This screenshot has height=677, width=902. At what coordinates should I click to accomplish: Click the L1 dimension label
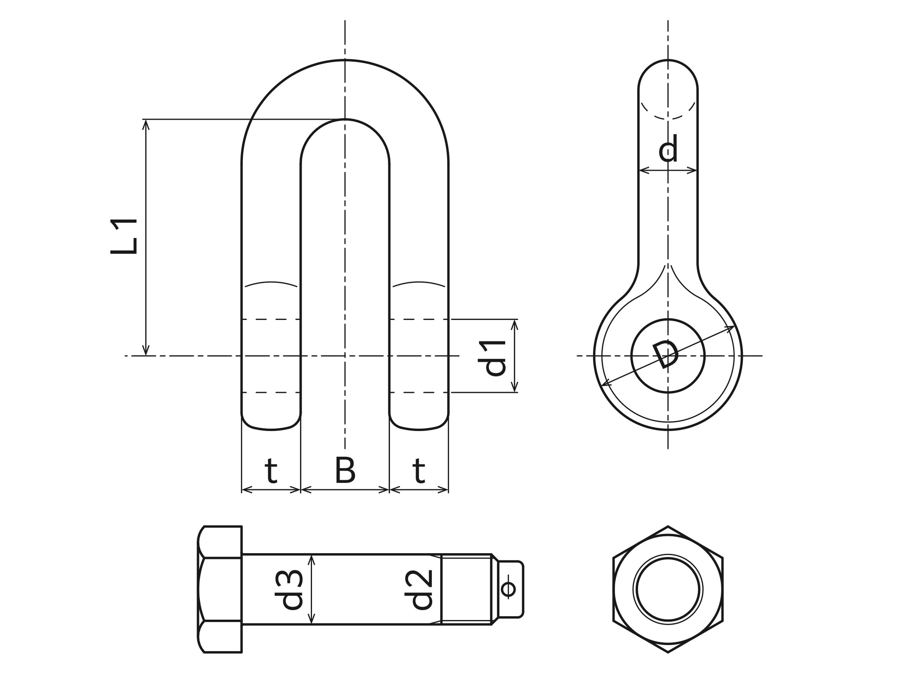[124, 237]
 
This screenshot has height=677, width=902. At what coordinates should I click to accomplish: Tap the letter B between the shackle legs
[345, 470]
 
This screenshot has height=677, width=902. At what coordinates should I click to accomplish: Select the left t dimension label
[271, 471]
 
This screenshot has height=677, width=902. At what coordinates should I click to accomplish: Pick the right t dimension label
[419, 471]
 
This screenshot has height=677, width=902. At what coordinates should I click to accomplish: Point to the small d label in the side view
[668, 148]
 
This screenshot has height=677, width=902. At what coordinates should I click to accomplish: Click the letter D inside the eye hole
[666, 354]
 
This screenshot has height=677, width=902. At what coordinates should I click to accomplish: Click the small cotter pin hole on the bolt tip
[508, 589]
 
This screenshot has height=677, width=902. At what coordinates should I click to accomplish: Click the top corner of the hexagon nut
[668, 527]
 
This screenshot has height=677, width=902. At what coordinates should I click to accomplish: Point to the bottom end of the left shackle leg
[271, 429]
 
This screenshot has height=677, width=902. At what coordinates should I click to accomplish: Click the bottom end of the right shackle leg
[419, 429]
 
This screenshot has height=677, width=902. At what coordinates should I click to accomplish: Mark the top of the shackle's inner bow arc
[345, 119]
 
